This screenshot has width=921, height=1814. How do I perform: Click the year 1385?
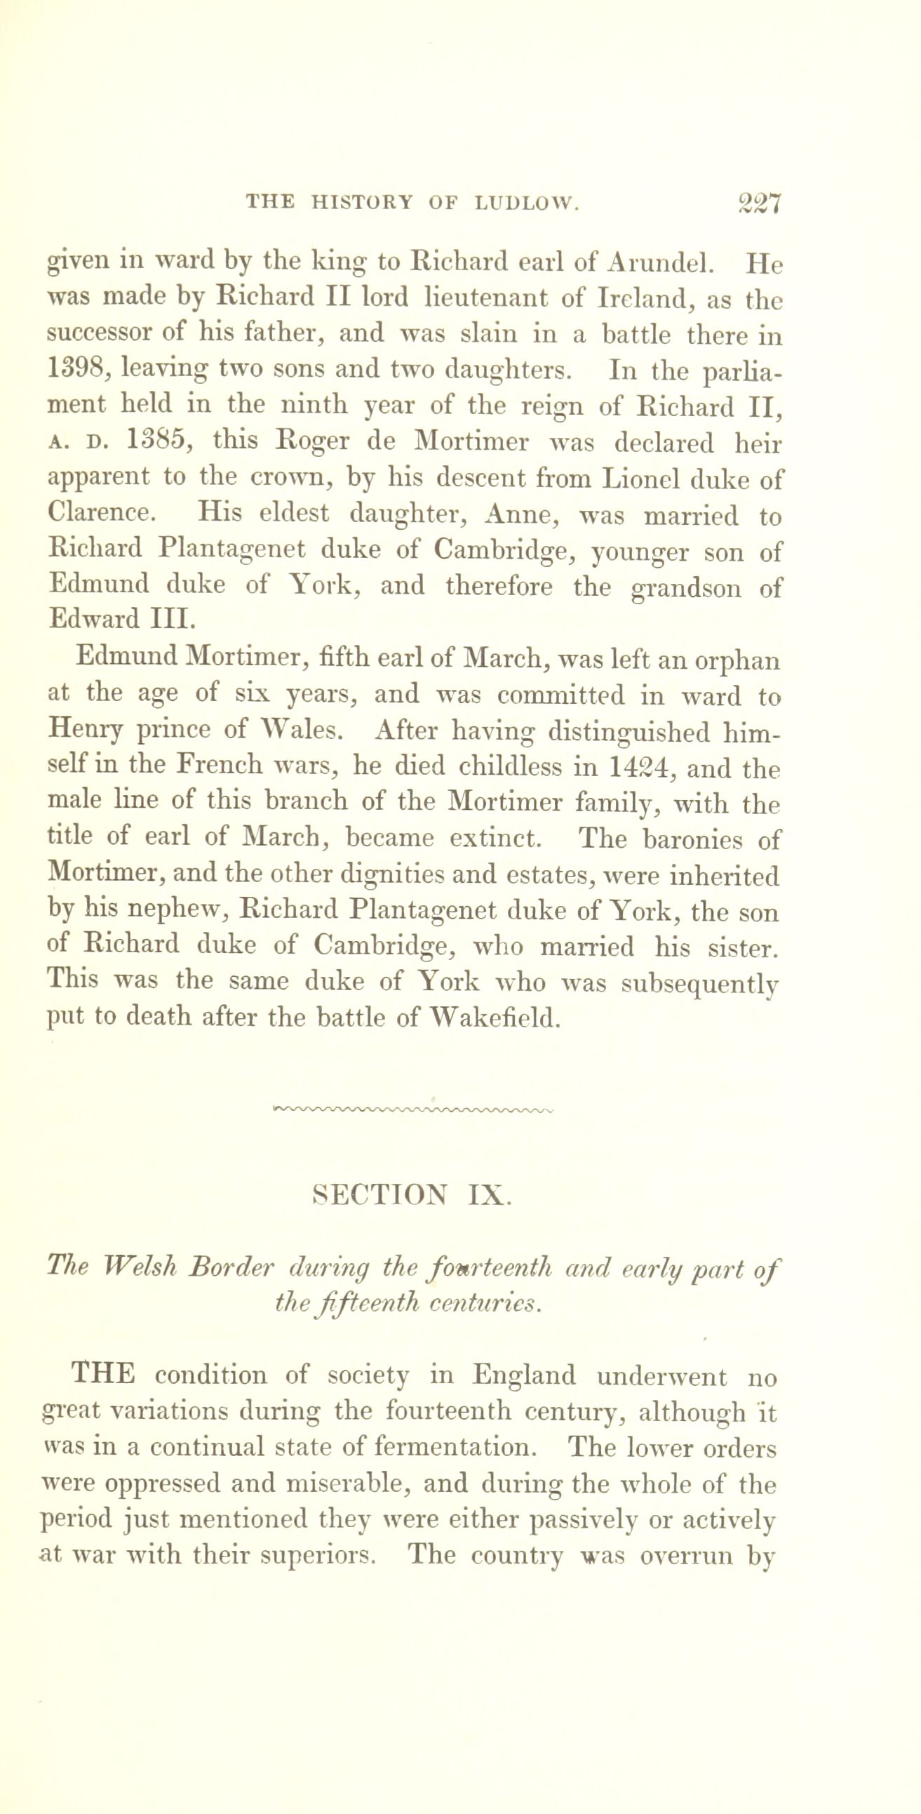(156, 441)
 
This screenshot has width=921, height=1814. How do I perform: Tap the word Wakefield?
(495, 1018)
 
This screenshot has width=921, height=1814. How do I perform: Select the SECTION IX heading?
(410, 1195)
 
